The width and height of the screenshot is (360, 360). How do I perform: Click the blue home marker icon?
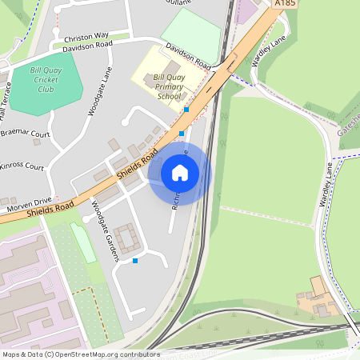click(180, 172)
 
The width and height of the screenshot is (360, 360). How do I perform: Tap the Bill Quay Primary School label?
click(168, 86)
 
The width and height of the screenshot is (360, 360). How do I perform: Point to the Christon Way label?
click(86, 36)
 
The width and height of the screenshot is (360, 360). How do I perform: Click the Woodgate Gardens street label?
click(105, 232)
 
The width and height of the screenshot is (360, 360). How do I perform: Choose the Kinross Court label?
click(22, 167)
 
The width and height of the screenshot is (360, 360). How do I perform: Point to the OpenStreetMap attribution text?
click(70, 354)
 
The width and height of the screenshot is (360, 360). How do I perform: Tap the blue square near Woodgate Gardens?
click(135, 261)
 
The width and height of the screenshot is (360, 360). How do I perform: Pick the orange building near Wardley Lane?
click(318, 286)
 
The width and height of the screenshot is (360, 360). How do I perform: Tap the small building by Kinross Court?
click(37, 142)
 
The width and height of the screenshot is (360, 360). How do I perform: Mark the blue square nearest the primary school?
click(186, 109)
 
